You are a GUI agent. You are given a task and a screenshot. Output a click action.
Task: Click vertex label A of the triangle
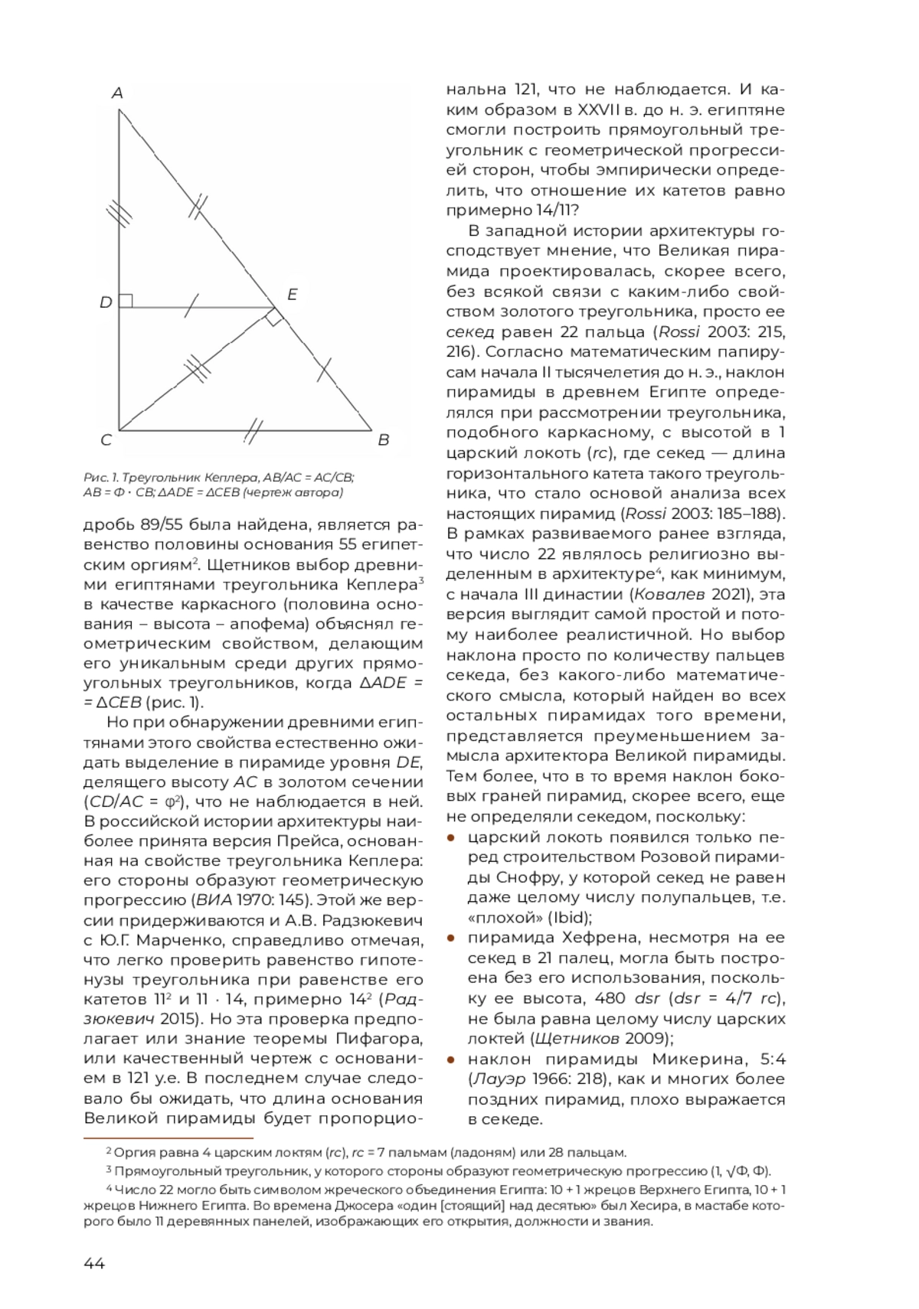(x=117, y=93)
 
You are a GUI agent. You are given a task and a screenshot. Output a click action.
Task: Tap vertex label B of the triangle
(x=384, y=440)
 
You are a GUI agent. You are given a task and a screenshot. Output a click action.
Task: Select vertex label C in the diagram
(x=106, y=440)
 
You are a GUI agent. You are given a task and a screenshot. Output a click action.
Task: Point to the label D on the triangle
(x=106, y=302)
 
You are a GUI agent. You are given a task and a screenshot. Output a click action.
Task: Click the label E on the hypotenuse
(x=292, y=295)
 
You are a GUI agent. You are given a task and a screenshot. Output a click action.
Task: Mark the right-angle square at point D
(x=126, y=301)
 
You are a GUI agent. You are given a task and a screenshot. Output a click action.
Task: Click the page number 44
(x=94, y=1263)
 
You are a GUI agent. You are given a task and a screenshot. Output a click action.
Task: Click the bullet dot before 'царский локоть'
(x=452, y=837)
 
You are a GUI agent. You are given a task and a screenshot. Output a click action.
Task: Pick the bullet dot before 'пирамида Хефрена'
(x=452, y=938)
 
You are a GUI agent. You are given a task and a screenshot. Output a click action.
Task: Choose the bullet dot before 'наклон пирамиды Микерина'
(x=452, y=1059)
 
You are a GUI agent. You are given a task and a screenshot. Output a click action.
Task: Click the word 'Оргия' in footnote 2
(x=132, y=1152)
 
